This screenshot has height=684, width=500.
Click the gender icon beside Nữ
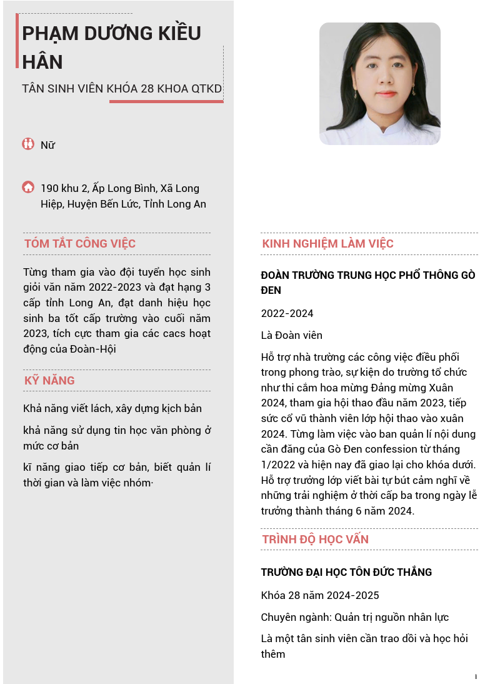click(x=28, y=144)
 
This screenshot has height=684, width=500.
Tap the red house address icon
click(x=28, y=187)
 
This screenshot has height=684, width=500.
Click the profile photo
click(x=379, y=84)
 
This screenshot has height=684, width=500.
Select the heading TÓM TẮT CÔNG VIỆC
click(x=80, y=244)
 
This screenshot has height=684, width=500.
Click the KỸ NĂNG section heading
click(x=49, y=380)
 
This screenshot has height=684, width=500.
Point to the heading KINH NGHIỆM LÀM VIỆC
click(x=327, y=244)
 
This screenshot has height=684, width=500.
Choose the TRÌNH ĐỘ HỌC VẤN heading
click(x=315, y=539)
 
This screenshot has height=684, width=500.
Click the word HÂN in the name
click(x=42, y=62)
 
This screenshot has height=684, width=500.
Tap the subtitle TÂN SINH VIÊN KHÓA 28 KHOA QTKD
click(x=122, y=89)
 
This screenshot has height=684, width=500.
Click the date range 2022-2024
click(x=287, y=313)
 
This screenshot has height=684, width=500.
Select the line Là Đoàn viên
click(x=291, y=335)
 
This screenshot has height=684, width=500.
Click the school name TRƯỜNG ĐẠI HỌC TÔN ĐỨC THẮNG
click(x=346, y=572)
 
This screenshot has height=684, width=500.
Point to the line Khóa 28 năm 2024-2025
click(x=319, y=595)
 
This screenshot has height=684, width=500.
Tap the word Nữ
click(x=47, y=145)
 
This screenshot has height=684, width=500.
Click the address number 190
click(x=50, y=188)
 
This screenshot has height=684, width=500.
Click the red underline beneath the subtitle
click(x=166, y=101)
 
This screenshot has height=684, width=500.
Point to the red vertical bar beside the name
click(x=17, y=41)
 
